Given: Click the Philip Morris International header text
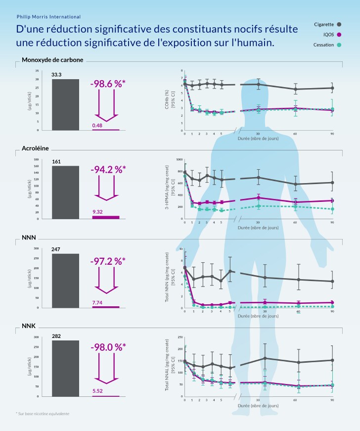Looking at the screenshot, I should [x=48, y=17].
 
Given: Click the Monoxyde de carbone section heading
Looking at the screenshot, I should [x=52, y=60].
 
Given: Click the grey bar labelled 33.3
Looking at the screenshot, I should [x=65, y=104].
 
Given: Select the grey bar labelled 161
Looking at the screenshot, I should [x=65, y=192].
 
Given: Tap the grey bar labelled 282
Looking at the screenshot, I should [x=65, y=368].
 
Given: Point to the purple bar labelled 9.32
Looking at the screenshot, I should [x=106, y=217].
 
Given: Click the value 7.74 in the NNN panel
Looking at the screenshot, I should [x=97, y=302].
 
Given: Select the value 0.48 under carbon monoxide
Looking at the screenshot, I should [x=97, y=125].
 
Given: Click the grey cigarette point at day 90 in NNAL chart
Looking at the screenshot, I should [x=332, y=360].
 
